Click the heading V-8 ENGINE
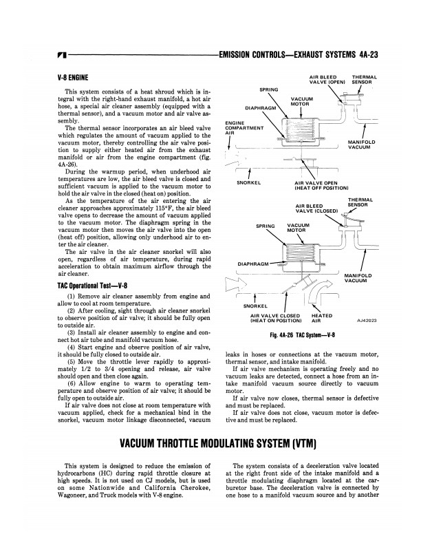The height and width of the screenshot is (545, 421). pyautogui.click(x=76, y=79)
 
